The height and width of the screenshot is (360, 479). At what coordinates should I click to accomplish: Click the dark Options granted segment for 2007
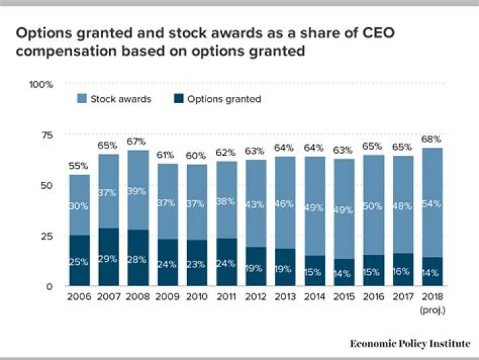(x=108, y=257)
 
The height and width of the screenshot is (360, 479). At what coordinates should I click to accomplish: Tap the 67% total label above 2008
(x=138, y=142)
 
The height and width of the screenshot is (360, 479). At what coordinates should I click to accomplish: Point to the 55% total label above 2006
(x=79, y=166)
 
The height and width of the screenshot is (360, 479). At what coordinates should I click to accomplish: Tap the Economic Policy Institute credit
(x=410, y=343)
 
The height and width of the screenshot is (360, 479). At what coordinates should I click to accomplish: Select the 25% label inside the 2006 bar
(x=79, y=262)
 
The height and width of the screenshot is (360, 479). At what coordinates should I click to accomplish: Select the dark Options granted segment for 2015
(x=343, y=273)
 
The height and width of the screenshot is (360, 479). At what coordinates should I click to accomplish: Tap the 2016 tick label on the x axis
(x=373, y=296)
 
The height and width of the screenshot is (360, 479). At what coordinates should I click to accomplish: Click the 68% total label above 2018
(x=432, y=139)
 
